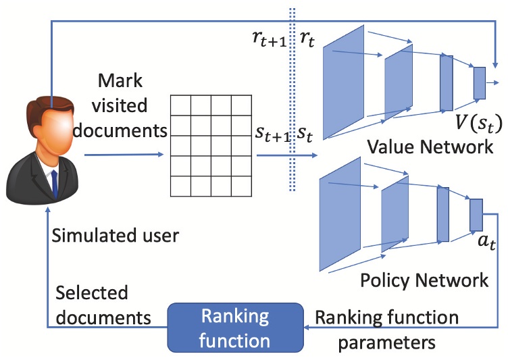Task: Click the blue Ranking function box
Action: point(236,328)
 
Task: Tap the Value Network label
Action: point(430,147)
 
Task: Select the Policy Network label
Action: point(424,280)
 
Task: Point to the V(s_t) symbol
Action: point(478,124)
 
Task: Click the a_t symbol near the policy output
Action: point(486,242)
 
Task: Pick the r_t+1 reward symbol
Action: point(270,40)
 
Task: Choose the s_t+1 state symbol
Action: point(272,134)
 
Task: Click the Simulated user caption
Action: point(116,236)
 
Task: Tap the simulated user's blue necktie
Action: point(55,184)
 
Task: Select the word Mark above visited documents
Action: point(120,80)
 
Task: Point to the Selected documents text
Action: point(103,305)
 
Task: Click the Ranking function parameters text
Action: point(387,330)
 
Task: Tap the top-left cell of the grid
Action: point(181,105)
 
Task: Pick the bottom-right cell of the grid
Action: point(242,186)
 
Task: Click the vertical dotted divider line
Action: point(293,99)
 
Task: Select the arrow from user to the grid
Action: point(124,155)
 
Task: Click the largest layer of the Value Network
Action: point(343,82)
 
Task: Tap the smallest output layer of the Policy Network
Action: point(476,215)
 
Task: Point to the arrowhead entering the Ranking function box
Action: point(307,328)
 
